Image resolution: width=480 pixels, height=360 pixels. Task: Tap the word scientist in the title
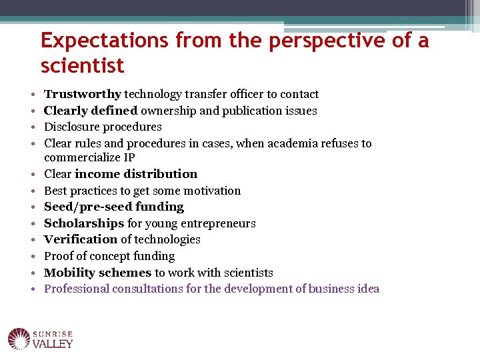coord(82,66)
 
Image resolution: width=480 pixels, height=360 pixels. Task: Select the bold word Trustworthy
coord(83,95)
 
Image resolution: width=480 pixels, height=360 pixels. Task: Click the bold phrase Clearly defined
coord(91,111)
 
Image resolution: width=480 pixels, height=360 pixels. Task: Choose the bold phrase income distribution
coord(136,174)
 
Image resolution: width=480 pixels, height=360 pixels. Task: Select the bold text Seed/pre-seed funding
coord(113,207)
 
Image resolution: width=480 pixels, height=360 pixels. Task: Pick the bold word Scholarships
coord(84,223)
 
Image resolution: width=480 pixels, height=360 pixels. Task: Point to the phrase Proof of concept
coord(85,256)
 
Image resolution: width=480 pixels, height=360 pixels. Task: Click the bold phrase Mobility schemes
coord(97,273)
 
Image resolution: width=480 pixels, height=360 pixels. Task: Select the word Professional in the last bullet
coord(77,289)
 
